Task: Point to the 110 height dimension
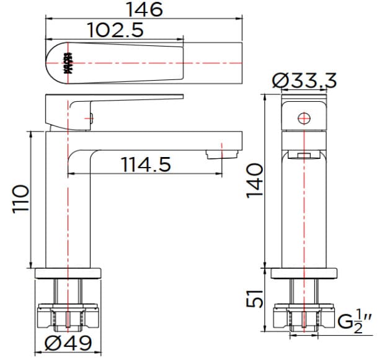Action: pyautogui.click(x=20, y=199)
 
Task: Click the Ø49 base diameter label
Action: pyautogui.click(x=69, y=343)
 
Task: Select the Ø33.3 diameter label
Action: pyautogui.click(x=304, y=80)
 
